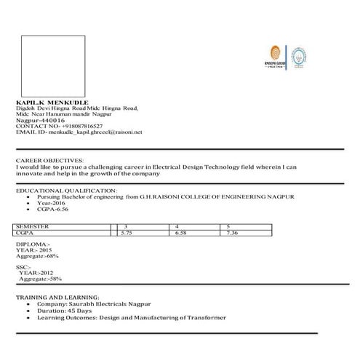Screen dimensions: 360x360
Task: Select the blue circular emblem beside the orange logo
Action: click(299, 56)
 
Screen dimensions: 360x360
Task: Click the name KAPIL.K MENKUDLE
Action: click(52, 104)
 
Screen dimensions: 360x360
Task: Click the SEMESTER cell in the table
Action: click(33, 227)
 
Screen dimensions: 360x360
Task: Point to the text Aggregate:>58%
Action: click(41, 279)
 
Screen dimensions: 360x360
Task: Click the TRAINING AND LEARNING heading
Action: click(57, 298)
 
